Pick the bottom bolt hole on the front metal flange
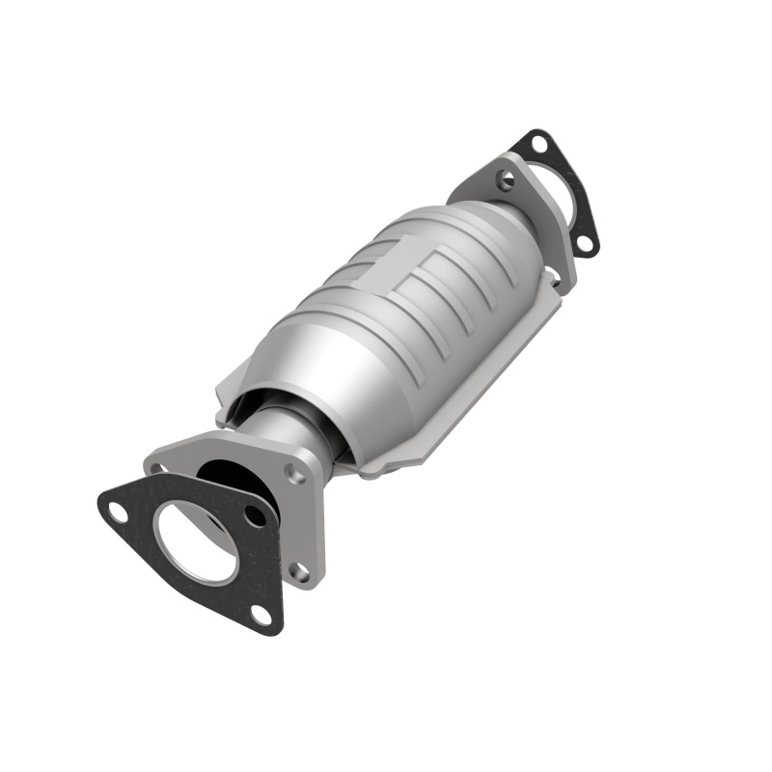pos(301,573)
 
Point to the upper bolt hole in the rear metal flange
pos(504,179)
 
